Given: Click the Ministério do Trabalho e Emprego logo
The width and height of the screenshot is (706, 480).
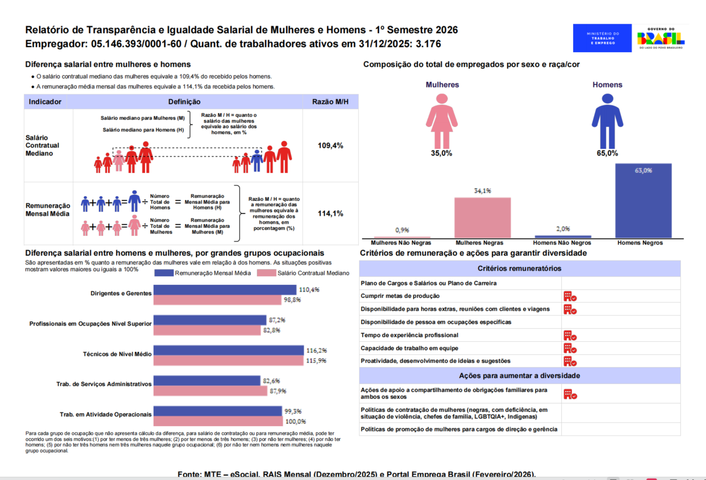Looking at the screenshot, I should tap(602, 38).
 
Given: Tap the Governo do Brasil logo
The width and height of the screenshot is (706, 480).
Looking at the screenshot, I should tap(661, 38).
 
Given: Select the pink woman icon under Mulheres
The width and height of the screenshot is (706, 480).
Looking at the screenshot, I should tap(442, 121).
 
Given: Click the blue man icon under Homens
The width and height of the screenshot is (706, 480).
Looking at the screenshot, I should tap(607, 121).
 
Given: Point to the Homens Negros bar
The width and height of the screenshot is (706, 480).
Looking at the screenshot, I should tap(643, 201).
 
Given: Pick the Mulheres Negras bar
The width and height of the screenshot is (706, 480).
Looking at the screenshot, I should tap(482, 218).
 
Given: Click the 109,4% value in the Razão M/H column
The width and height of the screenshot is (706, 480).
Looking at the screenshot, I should tap(330, 146).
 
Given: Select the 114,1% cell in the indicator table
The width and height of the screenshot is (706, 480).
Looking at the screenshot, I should tap(330, 214).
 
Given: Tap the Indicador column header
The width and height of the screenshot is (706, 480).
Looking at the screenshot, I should tap(45, 102).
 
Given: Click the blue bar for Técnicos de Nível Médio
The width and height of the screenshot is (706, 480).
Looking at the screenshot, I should tap(229, 350).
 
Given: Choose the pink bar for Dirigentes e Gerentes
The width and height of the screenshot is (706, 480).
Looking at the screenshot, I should tap(217, 300).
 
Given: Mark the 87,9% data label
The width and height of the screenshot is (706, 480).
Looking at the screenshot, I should tap(278, 391).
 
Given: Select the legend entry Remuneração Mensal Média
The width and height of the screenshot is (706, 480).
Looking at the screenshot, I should tap(213, 273).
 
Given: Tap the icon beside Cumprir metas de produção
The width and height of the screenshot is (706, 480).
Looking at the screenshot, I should tap(569, 296).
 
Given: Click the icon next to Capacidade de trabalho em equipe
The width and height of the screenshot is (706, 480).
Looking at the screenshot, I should tap(569, 348).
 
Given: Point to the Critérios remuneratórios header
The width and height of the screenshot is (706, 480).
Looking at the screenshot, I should tap(519, 268).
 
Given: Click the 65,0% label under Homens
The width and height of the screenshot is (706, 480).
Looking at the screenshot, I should tap(607, 153).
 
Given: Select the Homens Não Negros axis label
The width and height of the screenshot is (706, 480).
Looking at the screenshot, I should tap(562, 243).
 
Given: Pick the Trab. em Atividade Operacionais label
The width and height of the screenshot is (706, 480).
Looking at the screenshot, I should tap(106, 415).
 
